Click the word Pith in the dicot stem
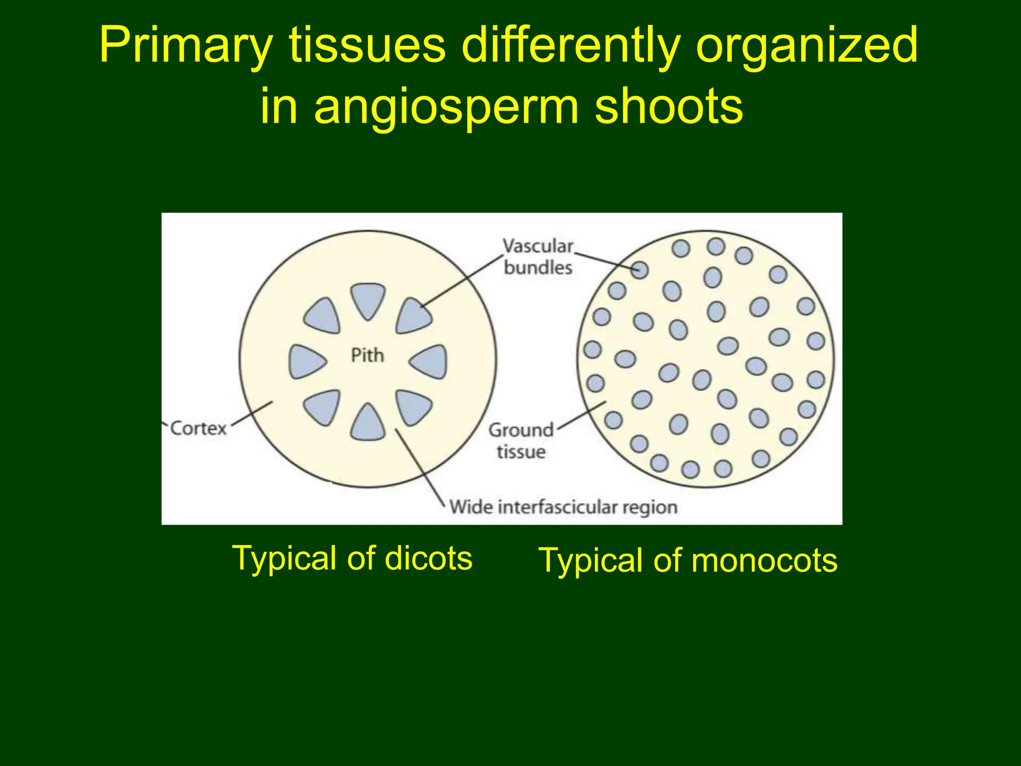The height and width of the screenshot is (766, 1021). [x=367, y=356]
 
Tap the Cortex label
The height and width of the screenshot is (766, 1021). [x=198, y=428]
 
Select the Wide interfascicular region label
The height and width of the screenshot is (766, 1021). [x=563, y=507]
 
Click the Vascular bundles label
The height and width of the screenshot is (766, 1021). [x=538, y=257]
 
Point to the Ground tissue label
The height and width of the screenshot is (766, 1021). [x=521, y=441]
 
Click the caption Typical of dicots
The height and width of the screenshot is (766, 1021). [x=352, y=558]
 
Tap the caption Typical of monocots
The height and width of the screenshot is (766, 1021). [x=688, y=561]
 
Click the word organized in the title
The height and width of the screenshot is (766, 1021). [x=806, y=46]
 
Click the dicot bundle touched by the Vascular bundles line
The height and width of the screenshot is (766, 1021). [x=412, y=316]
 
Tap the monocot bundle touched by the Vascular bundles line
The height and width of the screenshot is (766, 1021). [x=640, y=270]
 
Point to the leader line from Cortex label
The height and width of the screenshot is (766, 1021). [x=252, y=414]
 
